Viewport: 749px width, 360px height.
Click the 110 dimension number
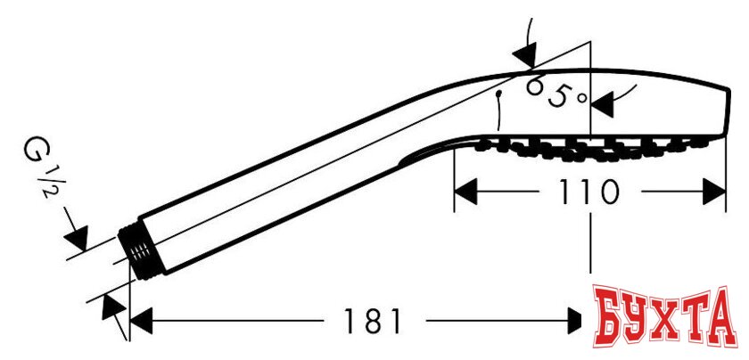[589, 192]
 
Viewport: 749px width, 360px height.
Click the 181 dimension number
[374, 321]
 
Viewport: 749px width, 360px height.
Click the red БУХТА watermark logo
[665, 316]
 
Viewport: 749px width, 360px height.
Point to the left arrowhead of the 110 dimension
[465, 192]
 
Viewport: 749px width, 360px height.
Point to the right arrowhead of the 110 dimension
[714, 192]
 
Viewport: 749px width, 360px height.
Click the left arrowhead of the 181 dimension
[142, 321]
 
